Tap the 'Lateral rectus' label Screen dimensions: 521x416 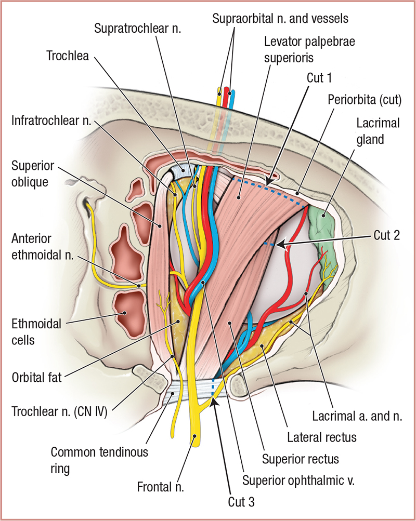322,437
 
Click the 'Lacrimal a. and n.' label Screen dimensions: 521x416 356,417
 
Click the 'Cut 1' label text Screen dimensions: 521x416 318,77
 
